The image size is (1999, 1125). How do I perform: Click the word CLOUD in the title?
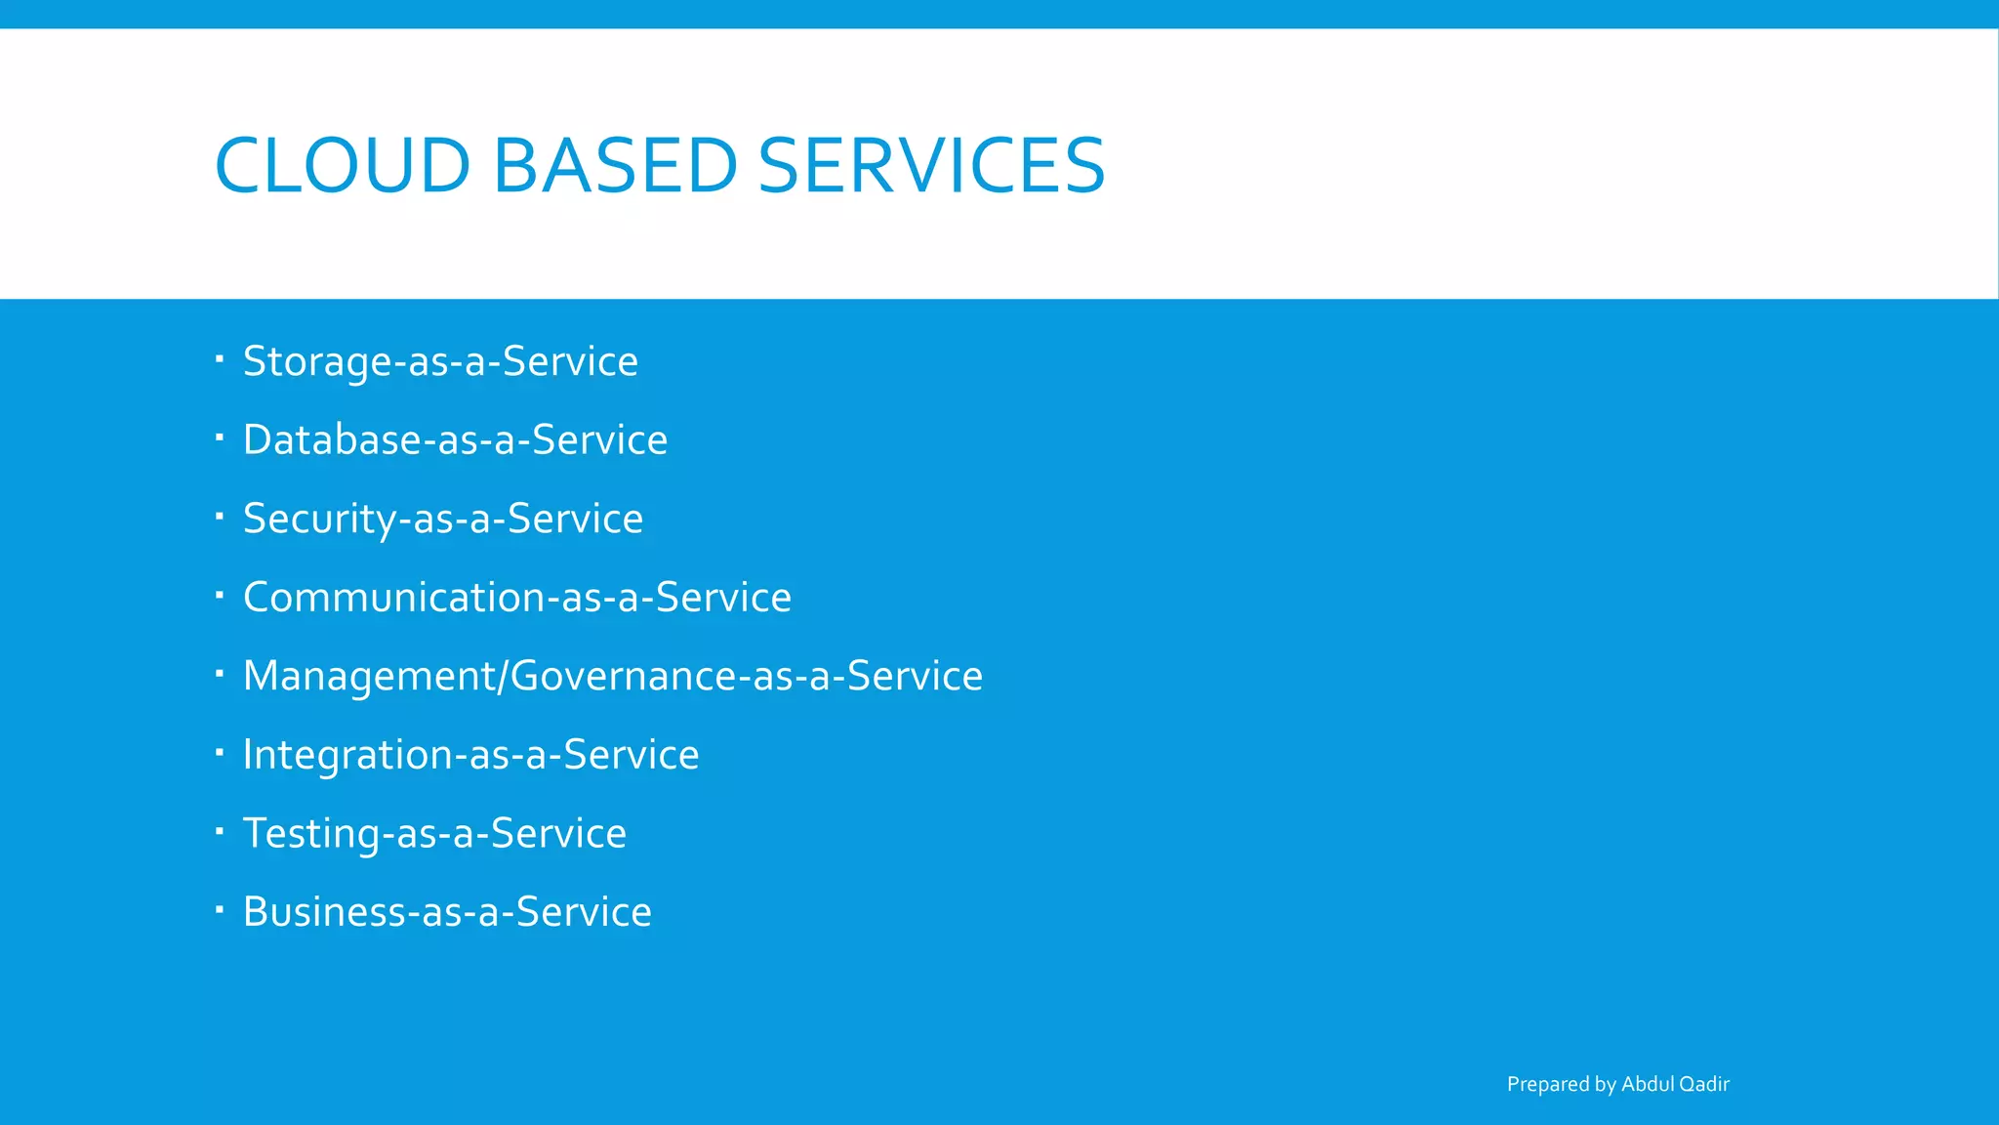[x=343, y=165]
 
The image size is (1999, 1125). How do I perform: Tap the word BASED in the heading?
[x=615, y=165]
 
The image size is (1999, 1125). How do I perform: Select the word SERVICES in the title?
[x=931, y=165]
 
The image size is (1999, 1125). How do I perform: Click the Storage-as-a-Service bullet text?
[x=440, y=361]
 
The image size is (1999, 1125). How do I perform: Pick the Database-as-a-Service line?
[x=455, y=439]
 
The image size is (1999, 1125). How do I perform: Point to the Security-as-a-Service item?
[x=443, y=519]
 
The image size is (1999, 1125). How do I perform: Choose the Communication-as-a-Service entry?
[x=517, y=597]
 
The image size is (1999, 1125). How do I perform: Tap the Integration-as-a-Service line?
[x=470, y=755]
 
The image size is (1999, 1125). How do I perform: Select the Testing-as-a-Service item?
[x=434, y=833]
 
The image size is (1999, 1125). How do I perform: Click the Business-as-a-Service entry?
[x=447, y=912]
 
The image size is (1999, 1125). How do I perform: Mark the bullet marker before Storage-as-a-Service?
[x=220, y=358]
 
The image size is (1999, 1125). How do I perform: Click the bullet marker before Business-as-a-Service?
[x=220, y=909]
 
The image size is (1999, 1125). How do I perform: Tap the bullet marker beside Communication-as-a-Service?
[x=220, y=594]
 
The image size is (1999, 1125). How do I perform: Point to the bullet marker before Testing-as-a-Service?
[x=220, y=830]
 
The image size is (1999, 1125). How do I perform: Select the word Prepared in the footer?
[x=1547, y=1084]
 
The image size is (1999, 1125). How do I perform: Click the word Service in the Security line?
[x=575, y=519]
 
